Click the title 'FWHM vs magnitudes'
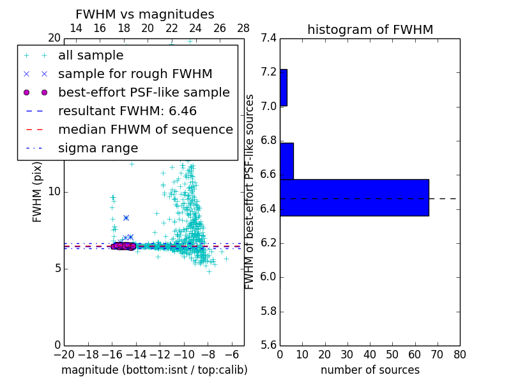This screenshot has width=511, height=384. (144, 15)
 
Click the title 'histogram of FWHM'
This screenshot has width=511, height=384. (370, 29)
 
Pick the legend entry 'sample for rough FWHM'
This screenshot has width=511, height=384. (135, 74)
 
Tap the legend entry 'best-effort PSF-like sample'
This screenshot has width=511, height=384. (144, 92)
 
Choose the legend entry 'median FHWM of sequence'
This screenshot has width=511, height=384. (145, 129)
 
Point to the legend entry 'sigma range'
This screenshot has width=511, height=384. (98, 148)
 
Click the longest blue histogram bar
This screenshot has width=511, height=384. (354, 197)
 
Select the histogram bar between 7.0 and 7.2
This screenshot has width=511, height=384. (284, 88)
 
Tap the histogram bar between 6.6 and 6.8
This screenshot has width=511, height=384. (287, 161)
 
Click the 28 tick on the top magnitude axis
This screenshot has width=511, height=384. (243, 28)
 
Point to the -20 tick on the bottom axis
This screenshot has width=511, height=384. (64, 355)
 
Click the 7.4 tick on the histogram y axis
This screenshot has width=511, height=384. (268, 38)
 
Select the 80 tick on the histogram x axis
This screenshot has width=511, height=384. (459, 355)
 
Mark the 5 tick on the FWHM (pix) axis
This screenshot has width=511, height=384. (56, 268)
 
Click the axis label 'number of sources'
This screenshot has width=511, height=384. (370, 370)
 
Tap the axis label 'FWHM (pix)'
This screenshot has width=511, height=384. (38, 191)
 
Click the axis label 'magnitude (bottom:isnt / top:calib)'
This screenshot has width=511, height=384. (154, 370)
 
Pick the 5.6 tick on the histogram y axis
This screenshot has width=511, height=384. (268, 346)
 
